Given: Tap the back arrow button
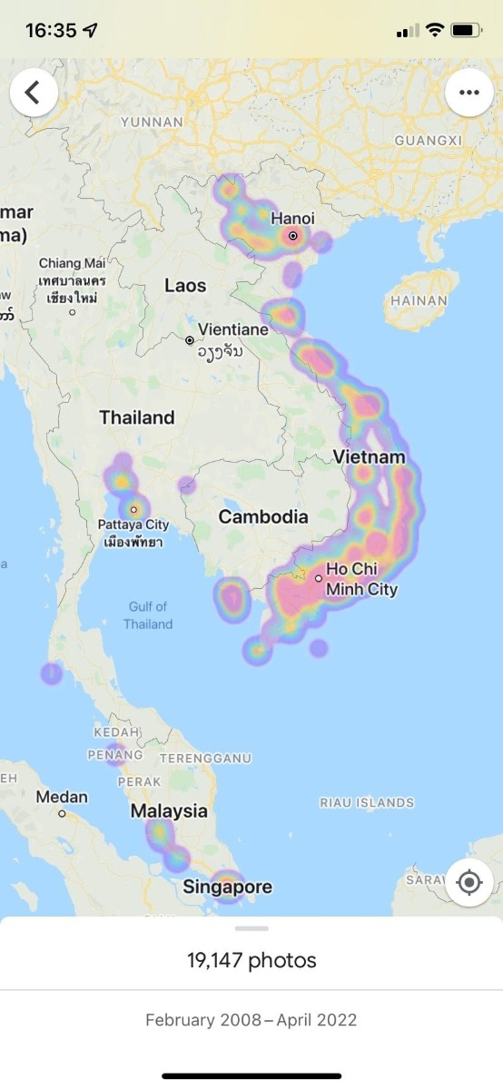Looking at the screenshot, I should [34, 93].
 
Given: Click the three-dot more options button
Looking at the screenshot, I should [468, 93].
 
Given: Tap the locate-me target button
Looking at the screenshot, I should [468, 882].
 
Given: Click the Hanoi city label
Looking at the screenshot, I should [292, 219].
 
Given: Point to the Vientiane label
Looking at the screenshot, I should [233, 329].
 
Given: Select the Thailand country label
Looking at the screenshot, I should [136, 417].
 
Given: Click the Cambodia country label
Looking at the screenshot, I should [263, 516].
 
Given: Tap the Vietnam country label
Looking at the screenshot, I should [369, 456].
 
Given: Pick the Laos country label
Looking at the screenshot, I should [185, 285].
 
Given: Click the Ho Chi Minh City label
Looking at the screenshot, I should [361, 579].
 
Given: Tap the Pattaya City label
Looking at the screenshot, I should [133, 525].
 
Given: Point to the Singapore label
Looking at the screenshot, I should [227, 887].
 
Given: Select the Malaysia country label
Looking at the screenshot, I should [169, 810].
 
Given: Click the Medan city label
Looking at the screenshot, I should [62, 797].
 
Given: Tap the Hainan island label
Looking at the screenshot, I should [418, 300].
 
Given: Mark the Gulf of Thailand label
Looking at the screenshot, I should [148, 615].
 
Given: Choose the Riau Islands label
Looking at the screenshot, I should [367, 802].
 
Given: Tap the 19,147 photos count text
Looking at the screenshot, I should [251, 960].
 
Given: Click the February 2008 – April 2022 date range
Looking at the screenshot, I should [251, 1020].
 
